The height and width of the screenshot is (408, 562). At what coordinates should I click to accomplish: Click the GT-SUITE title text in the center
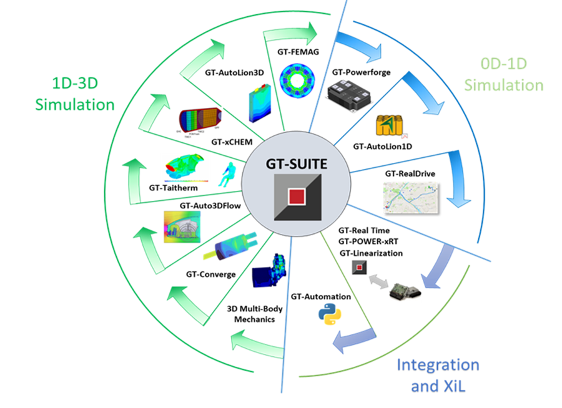point(297,164)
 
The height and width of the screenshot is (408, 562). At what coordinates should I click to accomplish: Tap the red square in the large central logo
point(297,197)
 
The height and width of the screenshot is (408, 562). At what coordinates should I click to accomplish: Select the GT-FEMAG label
point(298,52)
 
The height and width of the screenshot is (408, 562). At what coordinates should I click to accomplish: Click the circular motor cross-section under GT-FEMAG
point(297,80)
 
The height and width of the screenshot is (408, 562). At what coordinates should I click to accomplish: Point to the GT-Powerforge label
point(362,72)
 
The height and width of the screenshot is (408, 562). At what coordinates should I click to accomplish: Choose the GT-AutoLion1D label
point(382,147)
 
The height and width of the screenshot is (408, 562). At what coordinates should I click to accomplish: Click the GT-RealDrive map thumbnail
point(411,198)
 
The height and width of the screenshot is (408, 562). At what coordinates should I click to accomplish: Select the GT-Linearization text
point(371,253)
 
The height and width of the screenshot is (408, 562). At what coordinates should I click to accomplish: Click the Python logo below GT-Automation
point(330,314)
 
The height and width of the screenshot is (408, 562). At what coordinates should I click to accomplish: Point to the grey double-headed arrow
point(379,281)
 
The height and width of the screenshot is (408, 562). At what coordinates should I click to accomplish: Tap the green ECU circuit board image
point(405,291)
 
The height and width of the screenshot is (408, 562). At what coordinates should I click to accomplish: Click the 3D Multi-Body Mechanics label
point(255,314)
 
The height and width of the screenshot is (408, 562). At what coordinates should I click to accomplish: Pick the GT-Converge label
point(211,274)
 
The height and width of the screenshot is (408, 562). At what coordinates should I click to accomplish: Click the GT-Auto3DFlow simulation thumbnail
point(182,226)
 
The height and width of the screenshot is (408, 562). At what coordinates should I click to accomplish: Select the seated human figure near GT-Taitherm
point(227,175)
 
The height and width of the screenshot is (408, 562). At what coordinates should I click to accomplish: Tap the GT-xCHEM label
point(232,142)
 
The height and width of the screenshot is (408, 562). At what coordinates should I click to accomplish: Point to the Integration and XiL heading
point(438,376)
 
